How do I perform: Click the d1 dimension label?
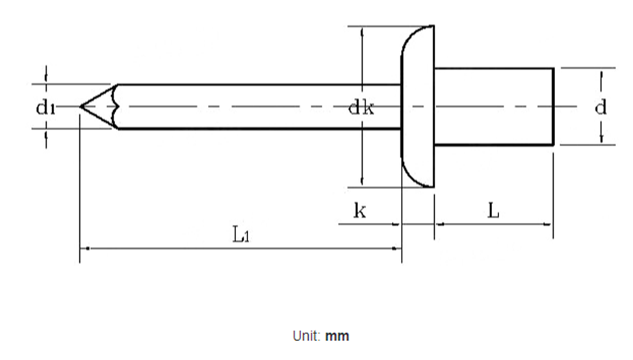coord(45,108)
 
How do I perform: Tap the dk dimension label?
coord(361,108)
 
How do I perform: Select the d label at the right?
coord(601,107)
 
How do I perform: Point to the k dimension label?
coord(359,211)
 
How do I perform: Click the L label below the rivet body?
coord(493,211)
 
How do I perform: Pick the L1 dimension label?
coord(241,235)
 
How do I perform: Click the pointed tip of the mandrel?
coord(81,107)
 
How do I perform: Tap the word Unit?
coord(306,336)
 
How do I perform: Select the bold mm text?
coord(337,336)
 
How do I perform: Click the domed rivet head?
coord(418,107)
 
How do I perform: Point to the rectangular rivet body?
coord(494,107)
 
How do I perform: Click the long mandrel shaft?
coord(259,107)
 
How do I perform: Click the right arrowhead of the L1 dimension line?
coord(397,249)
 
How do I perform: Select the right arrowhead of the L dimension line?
coord(549,224)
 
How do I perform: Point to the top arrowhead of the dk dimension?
coord(362,31)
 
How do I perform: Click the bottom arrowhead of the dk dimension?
coord(362,182)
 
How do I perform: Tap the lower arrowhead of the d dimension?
coord(602,139)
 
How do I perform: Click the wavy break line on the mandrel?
coord(116,107)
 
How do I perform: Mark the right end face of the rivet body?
coord(553,107)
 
